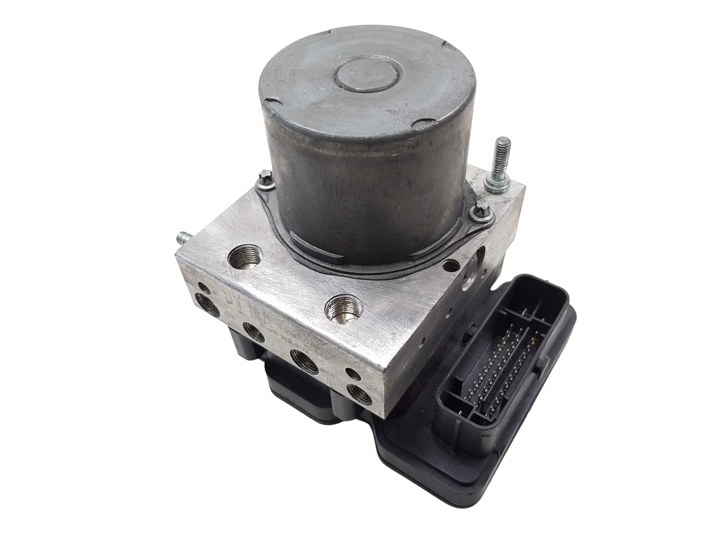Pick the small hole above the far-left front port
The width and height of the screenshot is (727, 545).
[x=203, y=287]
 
